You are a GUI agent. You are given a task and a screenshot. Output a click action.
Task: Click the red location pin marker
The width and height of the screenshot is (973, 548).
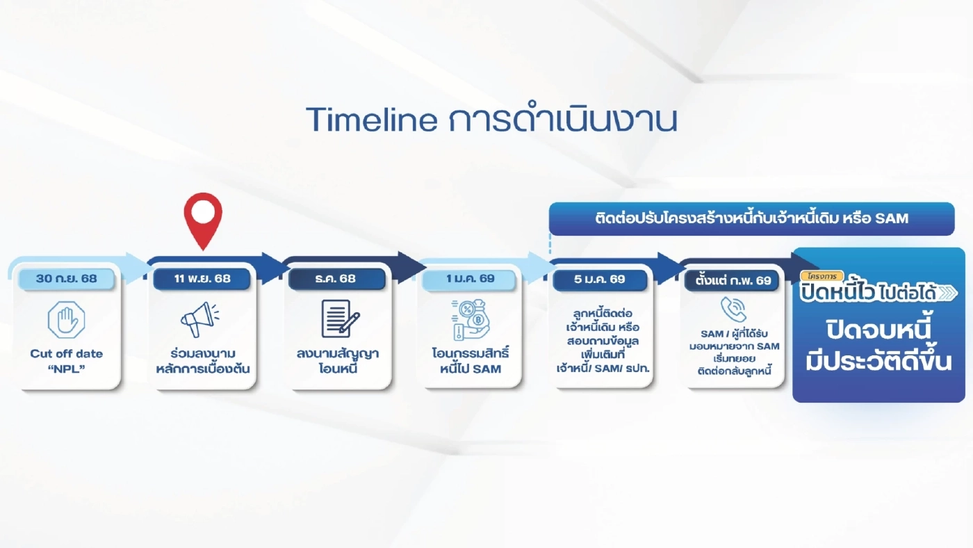[x=202, y=217]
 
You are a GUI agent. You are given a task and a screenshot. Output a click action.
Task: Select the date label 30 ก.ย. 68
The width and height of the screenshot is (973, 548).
[x=67, y=279]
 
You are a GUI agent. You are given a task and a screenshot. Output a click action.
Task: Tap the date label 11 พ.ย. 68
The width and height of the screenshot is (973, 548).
[x=202, y=279]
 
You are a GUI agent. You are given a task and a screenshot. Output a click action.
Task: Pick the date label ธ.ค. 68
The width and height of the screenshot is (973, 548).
[x=336, y=279]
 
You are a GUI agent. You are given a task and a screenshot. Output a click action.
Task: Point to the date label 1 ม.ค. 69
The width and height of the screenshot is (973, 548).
[x=471, y=279]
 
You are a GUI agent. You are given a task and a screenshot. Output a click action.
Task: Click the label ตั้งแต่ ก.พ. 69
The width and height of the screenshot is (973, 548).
[x=733, y=280]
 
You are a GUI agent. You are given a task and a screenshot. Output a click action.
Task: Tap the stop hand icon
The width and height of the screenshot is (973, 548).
[x=67, y=320]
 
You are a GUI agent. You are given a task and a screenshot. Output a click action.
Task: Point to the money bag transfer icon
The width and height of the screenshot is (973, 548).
[x=470, y=320]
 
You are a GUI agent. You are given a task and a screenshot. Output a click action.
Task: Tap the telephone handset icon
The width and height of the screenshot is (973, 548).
[x=733, y=309]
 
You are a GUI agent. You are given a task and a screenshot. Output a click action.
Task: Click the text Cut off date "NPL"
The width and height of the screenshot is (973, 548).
[x=67, y=360]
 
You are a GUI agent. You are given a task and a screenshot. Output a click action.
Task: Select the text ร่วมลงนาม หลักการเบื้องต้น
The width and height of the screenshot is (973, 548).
[x=202, y=360]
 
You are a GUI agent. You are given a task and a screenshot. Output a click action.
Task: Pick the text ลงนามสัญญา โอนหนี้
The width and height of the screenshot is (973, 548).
[x=336, y=360]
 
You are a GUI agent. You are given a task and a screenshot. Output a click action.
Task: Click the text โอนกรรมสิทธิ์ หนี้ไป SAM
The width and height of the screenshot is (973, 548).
[x=471, y=360]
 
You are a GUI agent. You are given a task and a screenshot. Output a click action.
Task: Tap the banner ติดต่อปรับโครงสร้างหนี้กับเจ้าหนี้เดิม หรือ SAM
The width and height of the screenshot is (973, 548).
[x=751, y=218]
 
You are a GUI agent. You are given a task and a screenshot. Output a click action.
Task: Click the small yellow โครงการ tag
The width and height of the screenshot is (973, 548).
[x=821, y=276]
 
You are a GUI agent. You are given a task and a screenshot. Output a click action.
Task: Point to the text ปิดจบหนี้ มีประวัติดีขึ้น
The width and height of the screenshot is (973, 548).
[x=878, y=345]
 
